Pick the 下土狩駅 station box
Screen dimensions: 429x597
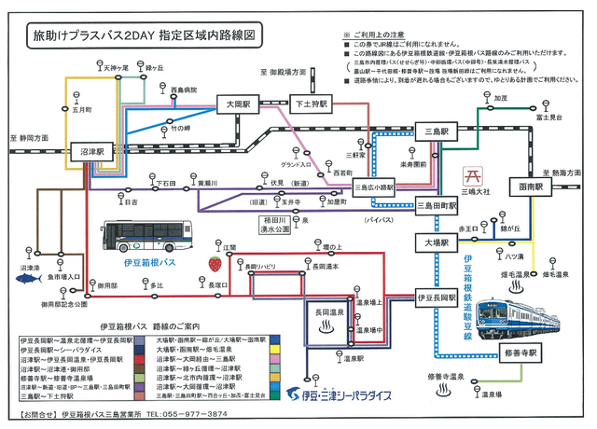coord(307,104)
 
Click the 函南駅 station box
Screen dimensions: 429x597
coord(526,187)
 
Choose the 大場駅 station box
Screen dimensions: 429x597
coord(437,242)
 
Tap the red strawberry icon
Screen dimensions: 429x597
coord(215,263)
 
